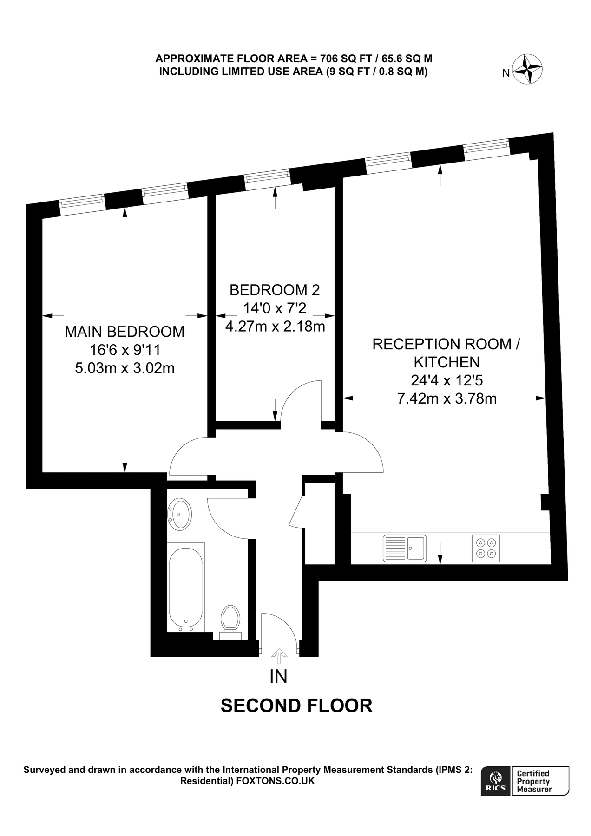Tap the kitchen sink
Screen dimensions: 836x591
[x=404, y=549]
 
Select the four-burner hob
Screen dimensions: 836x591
[x=486, y=549]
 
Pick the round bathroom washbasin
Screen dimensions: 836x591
[x=179, y=514]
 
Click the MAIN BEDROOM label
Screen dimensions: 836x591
[x=125, y=332]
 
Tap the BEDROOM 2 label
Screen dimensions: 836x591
[x=275, y=290]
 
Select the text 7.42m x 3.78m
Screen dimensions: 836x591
[x=447, y=398]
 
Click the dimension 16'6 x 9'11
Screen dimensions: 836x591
[x=125, y=350]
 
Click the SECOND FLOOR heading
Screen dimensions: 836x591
[x=296, y=705]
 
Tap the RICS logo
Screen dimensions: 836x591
[x=496, y=781]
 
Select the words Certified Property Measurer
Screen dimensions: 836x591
[x=534, y=781]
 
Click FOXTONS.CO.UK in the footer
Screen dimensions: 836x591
[x=276, y=781]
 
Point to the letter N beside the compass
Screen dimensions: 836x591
[x=506, y=73]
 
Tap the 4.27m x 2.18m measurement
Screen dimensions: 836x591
[x=275, y=327]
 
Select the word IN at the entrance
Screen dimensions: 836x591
[x=278, y=676]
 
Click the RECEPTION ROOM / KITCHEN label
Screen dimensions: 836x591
[x=447, y=353]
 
